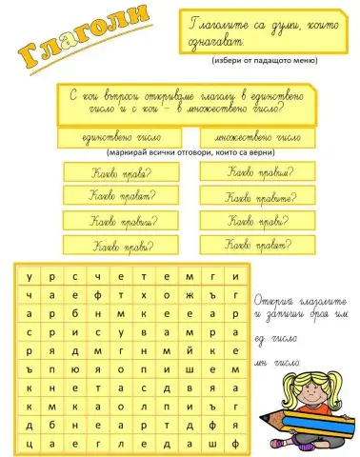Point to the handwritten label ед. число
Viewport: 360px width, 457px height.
click(x=275, y=337)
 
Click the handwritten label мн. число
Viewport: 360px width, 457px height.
click(x=278, y=361)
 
